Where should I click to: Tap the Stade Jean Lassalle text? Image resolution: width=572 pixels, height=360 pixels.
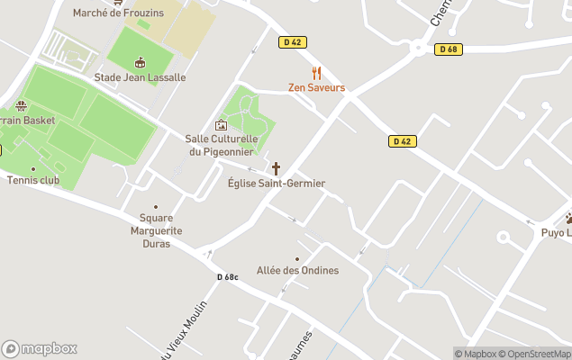pos(140,77)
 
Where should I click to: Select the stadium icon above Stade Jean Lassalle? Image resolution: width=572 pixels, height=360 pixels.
pos(139,62)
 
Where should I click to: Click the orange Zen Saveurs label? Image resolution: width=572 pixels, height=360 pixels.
pos(316,88)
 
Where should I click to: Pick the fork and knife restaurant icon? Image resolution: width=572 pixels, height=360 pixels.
pos(316,73)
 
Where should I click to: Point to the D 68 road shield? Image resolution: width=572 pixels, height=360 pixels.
pos(448,49)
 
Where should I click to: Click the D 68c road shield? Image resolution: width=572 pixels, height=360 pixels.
pos(227,277)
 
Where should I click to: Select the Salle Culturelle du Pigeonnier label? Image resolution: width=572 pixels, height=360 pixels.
pos(222,145)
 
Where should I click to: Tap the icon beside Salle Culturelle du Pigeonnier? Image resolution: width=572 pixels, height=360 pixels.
pos(221,125)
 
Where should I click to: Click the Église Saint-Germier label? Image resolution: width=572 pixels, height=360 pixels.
pos(277,184)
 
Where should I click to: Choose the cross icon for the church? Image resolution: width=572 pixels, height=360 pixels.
pos(276,168)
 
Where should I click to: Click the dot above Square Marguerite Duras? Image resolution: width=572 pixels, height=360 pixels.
pos(155,206)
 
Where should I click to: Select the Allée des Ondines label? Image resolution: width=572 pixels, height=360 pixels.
pos(297,271)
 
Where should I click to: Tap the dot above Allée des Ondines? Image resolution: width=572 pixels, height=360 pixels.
pos(297,258)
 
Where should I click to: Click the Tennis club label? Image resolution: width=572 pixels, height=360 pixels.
pos(33,180)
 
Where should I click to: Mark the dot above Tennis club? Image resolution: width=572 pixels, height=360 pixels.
pos(33,168)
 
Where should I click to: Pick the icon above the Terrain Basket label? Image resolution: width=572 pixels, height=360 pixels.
pos(22,105)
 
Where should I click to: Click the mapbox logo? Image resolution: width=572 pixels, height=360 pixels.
pos(40,349)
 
